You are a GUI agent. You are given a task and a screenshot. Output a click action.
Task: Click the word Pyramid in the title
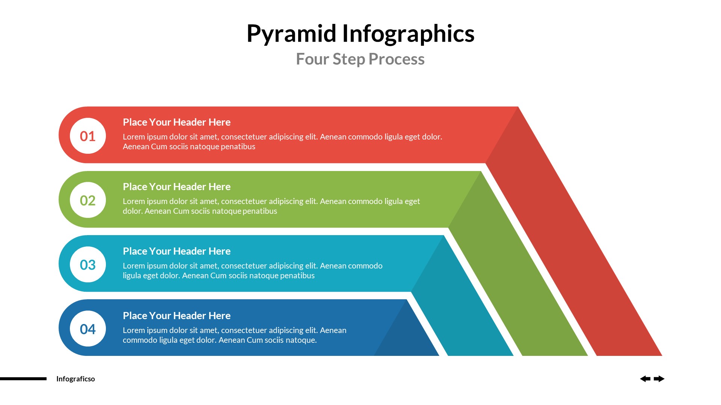click(x=291, y=34)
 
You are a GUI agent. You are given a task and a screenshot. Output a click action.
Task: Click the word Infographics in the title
click(x=408, y=34)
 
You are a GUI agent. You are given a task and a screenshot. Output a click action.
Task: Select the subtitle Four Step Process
click(x=360, y=59)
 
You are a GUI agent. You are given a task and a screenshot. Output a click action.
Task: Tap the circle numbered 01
click(x=88, y=136)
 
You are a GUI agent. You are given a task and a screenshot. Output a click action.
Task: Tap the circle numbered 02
click(x=88, y=200)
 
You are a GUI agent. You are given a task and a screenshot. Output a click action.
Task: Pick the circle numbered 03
click(x=88, y=265)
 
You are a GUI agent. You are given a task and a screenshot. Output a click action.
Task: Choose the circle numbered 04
click(x=88, y=329)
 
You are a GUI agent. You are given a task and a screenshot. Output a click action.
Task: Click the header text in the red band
click(x=176, y=122)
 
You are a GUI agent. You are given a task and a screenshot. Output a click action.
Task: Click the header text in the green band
click(x=176, y=187)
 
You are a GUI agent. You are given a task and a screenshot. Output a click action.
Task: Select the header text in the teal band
click(x=176, y=251)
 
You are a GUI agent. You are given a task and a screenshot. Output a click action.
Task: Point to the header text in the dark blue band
click(x=176, y=316)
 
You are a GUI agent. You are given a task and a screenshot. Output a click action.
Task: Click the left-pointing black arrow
click(x=645, y=379)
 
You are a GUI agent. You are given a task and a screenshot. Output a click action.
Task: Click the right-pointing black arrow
click(x=659, y=379)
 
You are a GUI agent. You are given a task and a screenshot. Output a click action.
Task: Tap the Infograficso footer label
click(x=75, y=379)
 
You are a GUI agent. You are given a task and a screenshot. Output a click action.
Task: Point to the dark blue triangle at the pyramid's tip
click(x=406, y=337)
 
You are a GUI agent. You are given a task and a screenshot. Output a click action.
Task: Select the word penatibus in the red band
click(x=238, y=147)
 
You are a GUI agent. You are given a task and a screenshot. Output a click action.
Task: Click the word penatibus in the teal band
click(x=297, y=276)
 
